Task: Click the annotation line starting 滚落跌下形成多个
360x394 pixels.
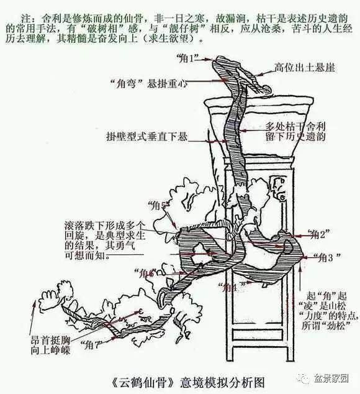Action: [104, 224]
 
